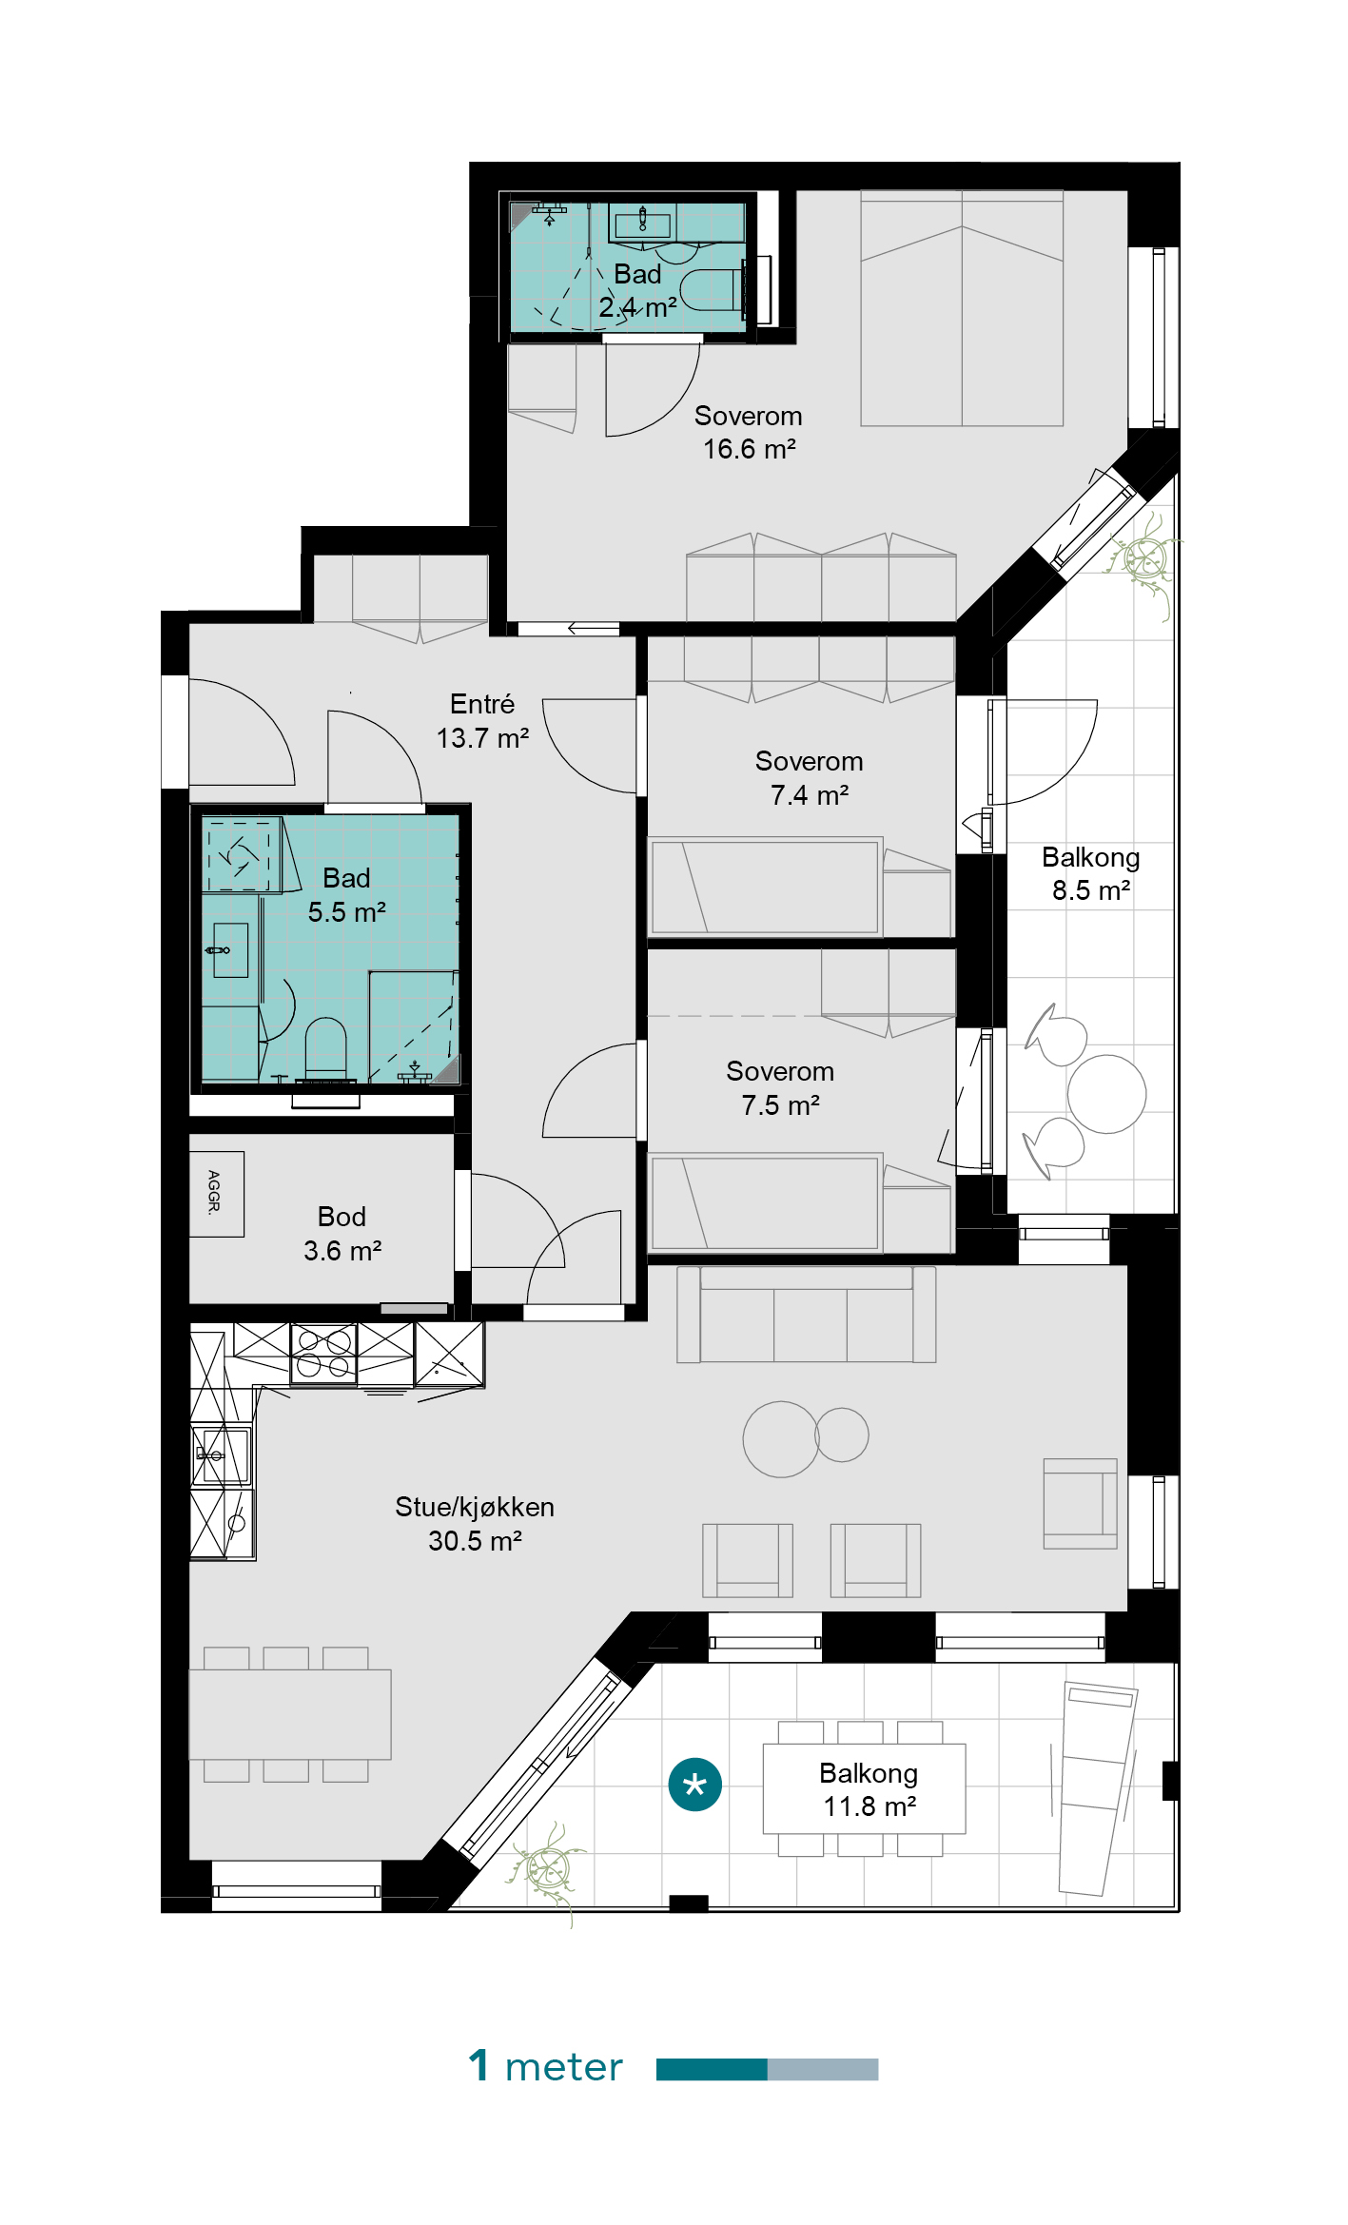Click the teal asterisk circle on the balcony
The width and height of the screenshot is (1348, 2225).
tap(694, 1785)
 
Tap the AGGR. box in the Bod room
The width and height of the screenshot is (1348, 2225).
tap(216, 1194)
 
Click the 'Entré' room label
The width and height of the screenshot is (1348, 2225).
tap(482, 704)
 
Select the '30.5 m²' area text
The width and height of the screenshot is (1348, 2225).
tap(475, 1541)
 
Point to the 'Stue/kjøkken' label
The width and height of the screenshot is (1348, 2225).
tap(475, 1507)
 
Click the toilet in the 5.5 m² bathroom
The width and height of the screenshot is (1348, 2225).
tap(325, 1050)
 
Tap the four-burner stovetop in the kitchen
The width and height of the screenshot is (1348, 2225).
tap(323, 1354)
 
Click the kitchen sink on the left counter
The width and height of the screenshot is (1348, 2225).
tap(222, 1454)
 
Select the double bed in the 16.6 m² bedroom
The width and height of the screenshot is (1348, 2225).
tap(962, 308)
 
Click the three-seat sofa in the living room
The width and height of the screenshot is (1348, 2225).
tap(806, 1315)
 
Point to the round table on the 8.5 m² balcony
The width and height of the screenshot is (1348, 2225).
tap(1106, 1094)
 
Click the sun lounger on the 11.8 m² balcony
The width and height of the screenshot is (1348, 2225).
tap(1098, 1790)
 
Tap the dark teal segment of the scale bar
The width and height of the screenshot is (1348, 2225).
tap(712, 2069)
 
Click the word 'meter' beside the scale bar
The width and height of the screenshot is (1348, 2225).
tap(563, 2068)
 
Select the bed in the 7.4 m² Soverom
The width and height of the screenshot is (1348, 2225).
tap(765, 887)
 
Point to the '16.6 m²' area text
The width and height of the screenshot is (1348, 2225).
tap(750, 449)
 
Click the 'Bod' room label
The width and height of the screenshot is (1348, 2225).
tap(342, 1217)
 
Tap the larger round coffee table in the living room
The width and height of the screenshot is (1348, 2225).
tap(781, 1439)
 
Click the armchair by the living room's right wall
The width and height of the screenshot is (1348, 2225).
tap(1080, 1504)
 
